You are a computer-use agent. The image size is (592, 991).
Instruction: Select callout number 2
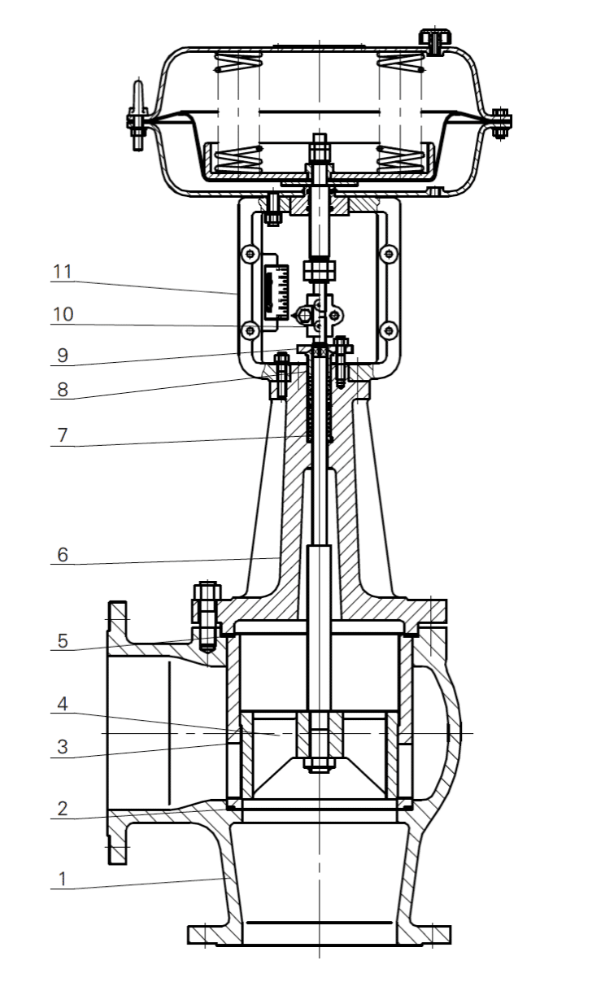coord(60,809)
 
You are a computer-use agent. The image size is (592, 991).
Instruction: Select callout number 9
coord(61,356)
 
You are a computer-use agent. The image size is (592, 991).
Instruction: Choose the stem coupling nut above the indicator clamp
coord(319,269)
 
